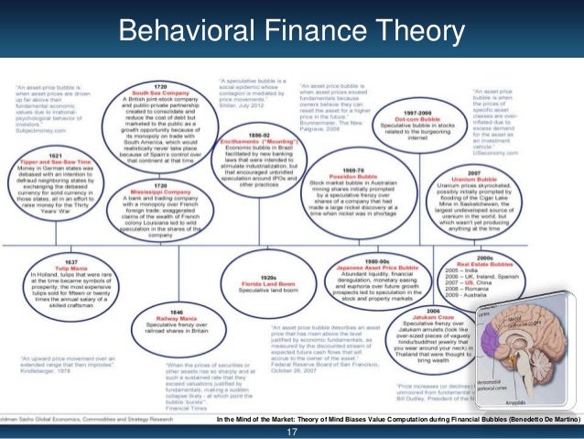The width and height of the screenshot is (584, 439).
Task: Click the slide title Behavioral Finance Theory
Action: [292, 33]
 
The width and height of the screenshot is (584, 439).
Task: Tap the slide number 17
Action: [293, 431]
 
